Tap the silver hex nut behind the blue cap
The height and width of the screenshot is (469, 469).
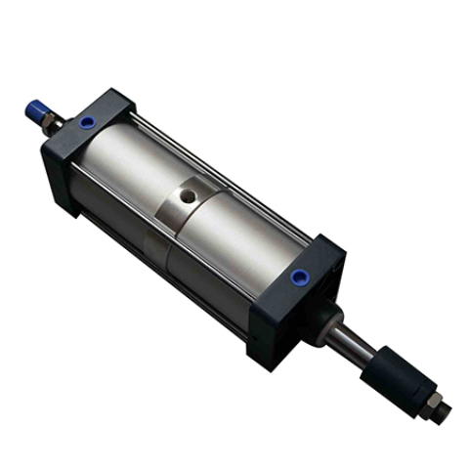pyautogui.click(x=51, y=120)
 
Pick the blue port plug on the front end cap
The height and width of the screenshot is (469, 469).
pyautogui.click(x=296, y=278)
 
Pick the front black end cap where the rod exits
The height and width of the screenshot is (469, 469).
pyautogui.click(x=303, y=303)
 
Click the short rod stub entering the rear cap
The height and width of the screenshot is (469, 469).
pyautogui.click(x=64, y=127)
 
